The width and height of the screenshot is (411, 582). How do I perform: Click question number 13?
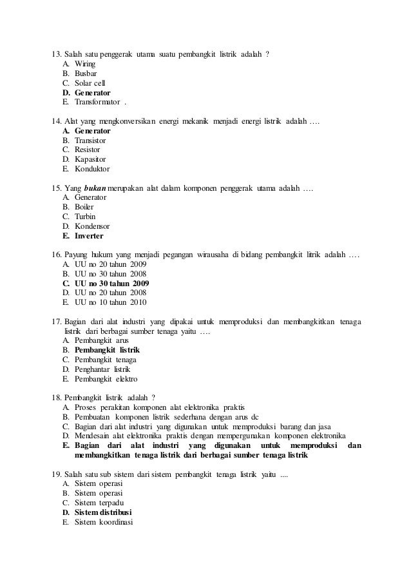coord(57,53)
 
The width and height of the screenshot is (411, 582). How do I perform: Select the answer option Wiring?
coord(85,64)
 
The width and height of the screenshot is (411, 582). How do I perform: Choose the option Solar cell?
coord(90,83)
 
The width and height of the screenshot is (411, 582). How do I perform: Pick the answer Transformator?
coord(97,102)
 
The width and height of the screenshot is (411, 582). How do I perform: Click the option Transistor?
coord(90,140)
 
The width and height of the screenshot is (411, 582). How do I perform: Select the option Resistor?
coord(88,150)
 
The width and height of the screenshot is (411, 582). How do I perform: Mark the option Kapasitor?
coord(90,159)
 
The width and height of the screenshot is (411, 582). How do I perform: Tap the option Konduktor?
coord(92,169)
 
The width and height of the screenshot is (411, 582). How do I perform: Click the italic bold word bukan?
coord(95,188)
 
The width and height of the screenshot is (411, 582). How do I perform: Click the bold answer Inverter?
coord(93,236)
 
